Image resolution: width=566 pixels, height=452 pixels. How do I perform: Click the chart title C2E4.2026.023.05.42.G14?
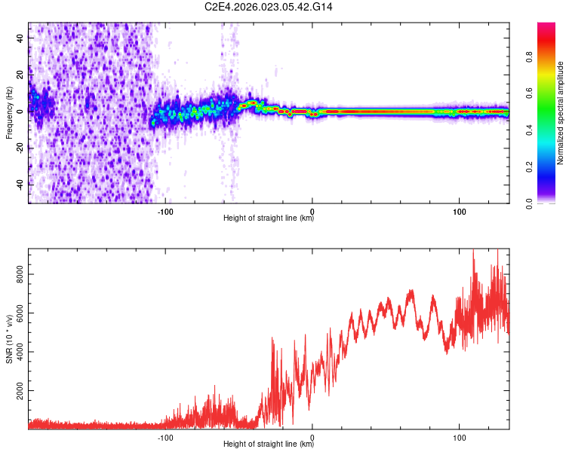[269, 7]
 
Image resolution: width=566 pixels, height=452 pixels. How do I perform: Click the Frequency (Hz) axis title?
[9, 113]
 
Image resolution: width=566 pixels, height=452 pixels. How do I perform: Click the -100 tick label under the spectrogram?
[165, 211]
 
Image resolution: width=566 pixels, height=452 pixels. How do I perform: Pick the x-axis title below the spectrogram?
[269, 219]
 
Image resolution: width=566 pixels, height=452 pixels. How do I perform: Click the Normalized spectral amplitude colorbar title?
[560, 113]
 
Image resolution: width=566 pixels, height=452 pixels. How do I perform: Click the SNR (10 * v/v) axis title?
[9, 339]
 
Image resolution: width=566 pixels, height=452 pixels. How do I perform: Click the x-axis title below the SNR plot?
[269, 444]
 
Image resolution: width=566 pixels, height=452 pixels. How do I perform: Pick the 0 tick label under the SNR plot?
[312, 436]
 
